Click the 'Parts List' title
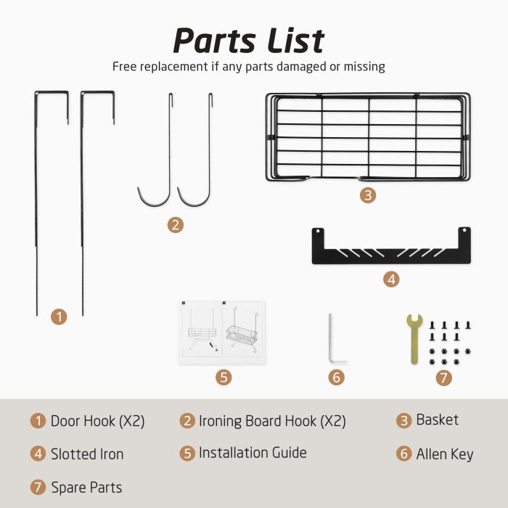[x=249, y=41]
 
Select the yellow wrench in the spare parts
[x=414, y=339]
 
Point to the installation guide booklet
[x=222, y=332]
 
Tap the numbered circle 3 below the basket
[x=368, y=195]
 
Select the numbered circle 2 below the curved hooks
[x=176, y=225]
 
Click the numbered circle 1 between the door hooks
[x=59, y=316]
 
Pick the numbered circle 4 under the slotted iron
[x=391, y=279]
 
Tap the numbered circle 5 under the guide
[x=224, y=377]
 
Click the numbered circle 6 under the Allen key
[x=336, y=377]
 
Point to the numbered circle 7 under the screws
[x=443, y=378]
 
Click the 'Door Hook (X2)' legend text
[x=97, y=421]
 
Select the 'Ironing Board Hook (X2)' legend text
[x=272, y=421]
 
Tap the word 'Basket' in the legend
[x=437, y=420]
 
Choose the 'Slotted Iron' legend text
[x=87, y=454]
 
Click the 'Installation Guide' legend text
[x=253, y=453]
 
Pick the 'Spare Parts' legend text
[x=86, y=488]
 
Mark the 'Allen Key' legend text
[x=444, y=454]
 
